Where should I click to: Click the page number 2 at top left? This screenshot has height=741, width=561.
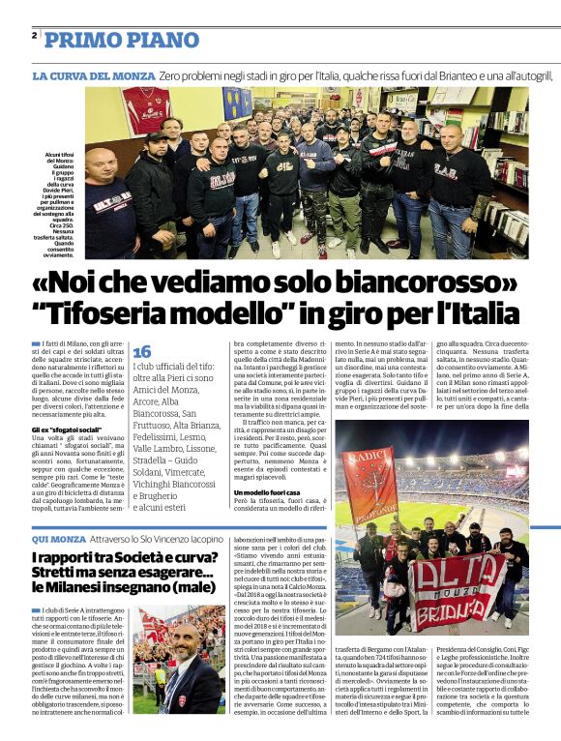click(34, 35)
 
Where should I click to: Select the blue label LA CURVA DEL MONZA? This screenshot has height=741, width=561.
click(94, 75)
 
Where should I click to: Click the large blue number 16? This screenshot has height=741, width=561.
click(142, 352)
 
